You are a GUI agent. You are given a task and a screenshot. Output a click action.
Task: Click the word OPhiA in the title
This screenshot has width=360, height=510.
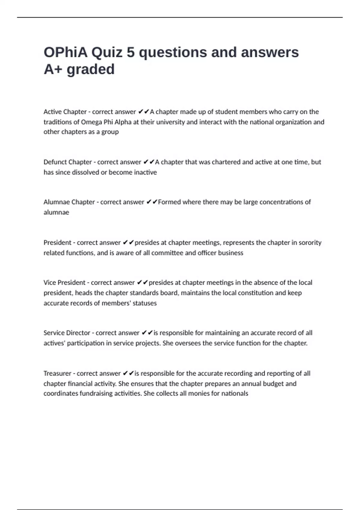(66, 52)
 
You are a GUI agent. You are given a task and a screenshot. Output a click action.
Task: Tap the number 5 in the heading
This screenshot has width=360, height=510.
(130, 52)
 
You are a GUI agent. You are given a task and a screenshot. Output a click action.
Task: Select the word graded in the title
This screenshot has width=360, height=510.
(90, 70)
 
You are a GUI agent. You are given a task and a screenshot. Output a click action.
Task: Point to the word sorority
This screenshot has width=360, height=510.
(309, 242)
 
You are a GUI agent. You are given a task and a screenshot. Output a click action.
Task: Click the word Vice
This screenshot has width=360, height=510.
(49, 283)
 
